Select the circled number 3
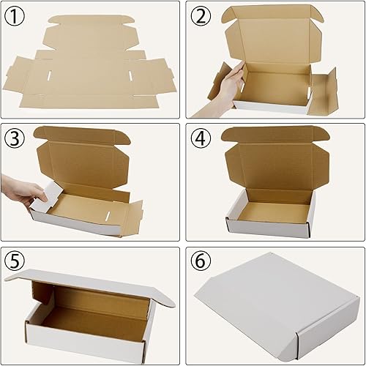point(15,138)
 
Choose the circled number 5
point(15,261)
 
